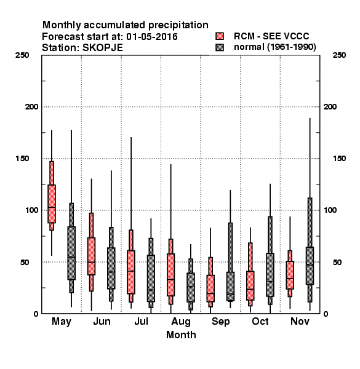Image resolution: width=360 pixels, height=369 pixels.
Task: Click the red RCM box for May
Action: [52, 204]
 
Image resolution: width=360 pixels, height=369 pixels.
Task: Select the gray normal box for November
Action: [310, 266]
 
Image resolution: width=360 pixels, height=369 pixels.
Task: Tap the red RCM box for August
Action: [170, 275]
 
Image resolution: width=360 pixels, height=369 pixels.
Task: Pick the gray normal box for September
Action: [230, 287]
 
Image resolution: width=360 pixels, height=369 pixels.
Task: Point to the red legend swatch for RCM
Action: [220, 36]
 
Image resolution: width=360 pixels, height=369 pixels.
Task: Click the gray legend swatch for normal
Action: [220, 47]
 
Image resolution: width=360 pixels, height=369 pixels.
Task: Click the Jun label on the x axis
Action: [102, 322]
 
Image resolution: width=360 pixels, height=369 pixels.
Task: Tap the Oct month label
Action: [260, 322]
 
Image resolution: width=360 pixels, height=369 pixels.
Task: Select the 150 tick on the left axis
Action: [22, 159]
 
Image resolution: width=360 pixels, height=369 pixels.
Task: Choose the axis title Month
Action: [181, 335]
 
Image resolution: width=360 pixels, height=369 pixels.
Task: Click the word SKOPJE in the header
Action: [103, 48]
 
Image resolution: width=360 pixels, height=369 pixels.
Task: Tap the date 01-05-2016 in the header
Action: [152, 37]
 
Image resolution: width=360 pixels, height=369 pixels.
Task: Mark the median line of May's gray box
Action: [71, 257]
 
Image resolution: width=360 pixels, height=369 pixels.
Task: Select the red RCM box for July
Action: [131, 272]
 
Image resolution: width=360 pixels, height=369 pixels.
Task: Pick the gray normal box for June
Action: [111, 268]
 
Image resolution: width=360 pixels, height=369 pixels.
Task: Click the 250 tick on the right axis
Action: [339, 55]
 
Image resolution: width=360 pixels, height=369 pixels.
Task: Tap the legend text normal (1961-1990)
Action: [275, 47]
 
